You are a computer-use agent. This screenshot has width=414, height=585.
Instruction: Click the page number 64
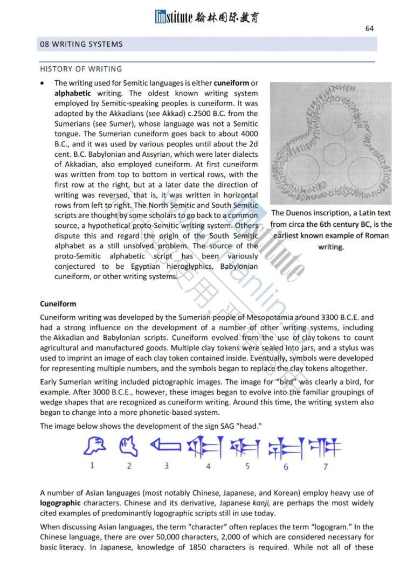[369, 29]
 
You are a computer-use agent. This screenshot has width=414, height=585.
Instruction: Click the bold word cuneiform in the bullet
[232, 83]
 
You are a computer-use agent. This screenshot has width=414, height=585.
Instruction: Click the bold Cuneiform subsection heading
[58, 304]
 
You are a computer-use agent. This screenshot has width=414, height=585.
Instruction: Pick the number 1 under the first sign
[92, 465]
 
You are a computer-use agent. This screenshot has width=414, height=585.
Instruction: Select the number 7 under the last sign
[326, 466]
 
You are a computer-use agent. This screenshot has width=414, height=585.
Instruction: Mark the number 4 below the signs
[208, 466]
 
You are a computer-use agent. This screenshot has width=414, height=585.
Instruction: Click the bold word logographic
[61, 502]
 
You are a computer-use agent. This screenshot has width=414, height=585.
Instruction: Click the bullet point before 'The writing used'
[43, 83]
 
